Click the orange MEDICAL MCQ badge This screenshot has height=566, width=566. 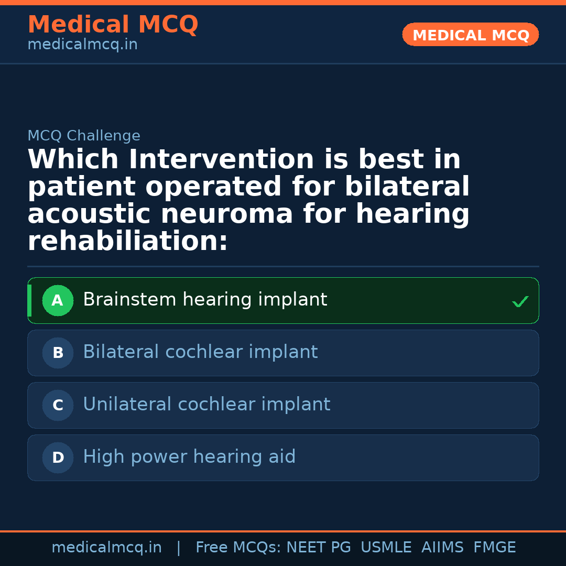tap(471, 35)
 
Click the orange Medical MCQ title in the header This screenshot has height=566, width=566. tap(113, 25)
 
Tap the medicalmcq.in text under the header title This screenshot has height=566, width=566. tap(82, 45)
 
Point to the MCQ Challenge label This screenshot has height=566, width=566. tap(84, 136)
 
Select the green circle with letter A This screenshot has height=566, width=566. tap(58, 301)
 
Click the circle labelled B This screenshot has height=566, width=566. tap(58, 353)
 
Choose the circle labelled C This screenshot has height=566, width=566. tap(58, 406)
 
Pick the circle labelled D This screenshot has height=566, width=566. tap(58, 458)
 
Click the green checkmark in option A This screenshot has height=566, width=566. tap(520, 301)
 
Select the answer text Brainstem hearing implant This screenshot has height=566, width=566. tap(205, 300)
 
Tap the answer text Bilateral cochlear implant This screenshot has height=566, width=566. tap(200, 352)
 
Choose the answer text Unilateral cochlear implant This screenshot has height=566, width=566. tap(206, 405)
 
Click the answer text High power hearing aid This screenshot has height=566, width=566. tap(189, 457)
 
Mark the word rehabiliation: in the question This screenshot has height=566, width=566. tap(128, 242)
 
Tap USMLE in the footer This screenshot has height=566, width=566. tap(386, 548)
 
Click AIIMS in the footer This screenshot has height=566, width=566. tap(442, 548)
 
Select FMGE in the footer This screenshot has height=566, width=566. tap(494, 548)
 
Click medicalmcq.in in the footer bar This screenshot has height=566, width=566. tap(106, 548)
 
